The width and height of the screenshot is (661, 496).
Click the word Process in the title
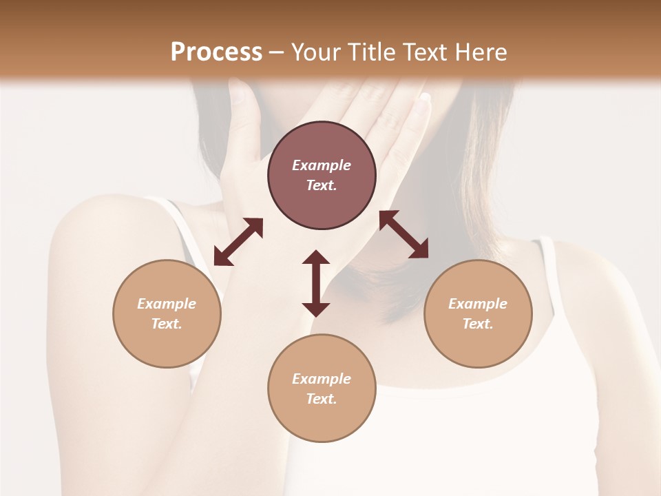pyautogui.click(x=216, y=52)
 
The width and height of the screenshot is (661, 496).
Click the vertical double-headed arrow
pyautogui.click(x=316, y=283)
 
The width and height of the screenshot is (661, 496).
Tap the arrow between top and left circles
pyautogui.click(x=238, y=242)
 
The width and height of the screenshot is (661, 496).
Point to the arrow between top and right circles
pyautogui.click(x=403, y=234)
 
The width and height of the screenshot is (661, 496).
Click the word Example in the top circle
pyautogui.click(x=322, y=165)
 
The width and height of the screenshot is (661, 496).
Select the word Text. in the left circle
pyautogui.click(x=167, y=324)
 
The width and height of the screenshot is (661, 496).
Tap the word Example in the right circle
pyautogui.click(x=478, y=304)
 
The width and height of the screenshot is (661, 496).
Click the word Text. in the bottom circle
pyautogui.click(x=322, y=399)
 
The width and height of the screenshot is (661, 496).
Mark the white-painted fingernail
pyautogui.click(x=426, y=97)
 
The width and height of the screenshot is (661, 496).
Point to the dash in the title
pyautogui.click(x=276, y=52)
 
